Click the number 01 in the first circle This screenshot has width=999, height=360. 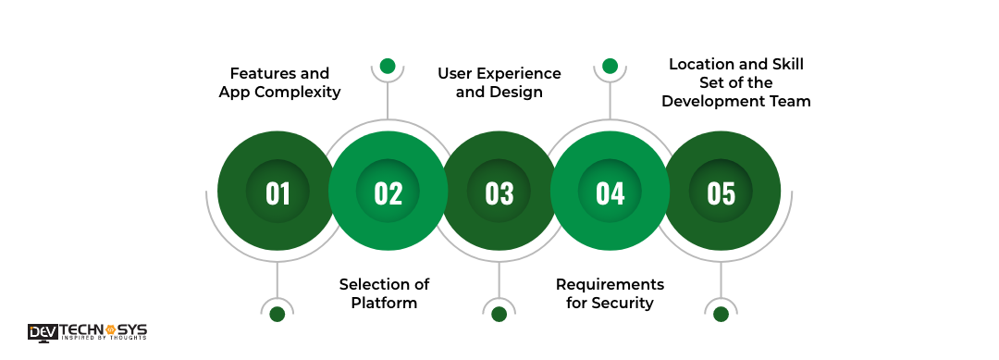click(277, 192)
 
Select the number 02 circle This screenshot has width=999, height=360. click(388, 192)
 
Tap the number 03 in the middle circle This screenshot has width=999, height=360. click(499, 192)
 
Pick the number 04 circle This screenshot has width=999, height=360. click(610, 192)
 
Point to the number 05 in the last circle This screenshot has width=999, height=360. click(721, 192)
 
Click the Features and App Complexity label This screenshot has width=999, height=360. click(279, 82)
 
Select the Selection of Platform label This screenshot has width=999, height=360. click(384, 293)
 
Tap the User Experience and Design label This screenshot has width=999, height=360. click(499, 82)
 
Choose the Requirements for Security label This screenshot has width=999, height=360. click(610, 293)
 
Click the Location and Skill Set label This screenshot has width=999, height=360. click(739, 82)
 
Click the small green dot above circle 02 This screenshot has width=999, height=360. click(388, 67)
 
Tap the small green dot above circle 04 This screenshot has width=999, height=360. click(610, 66)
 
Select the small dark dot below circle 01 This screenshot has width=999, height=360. click(277, 314)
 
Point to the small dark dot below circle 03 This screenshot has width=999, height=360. click(499, 314)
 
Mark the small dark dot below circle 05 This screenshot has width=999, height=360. click(721, 314)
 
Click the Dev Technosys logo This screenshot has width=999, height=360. click(87, 332)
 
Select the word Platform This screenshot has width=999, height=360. click(384, 303)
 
